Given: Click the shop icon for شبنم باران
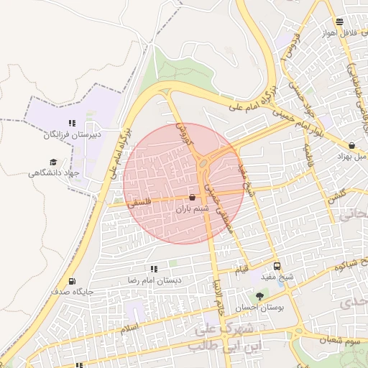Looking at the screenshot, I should click(192, 197).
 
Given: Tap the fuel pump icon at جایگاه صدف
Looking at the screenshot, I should click(71, 281).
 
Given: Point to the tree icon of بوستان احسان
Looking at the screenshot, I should click(259, 296).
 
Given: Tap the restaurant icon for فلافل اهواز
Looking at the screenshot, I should click(339, 22).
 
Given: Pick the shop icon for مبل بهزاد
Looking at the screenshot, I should click(351, 144).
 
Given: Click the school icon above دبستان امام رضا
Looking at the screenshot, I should click(154, 268).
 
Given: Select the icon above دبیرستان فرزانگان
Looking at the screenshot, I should click(71, 123).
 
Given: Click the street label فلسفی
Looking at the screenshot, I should click(141, 203).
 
